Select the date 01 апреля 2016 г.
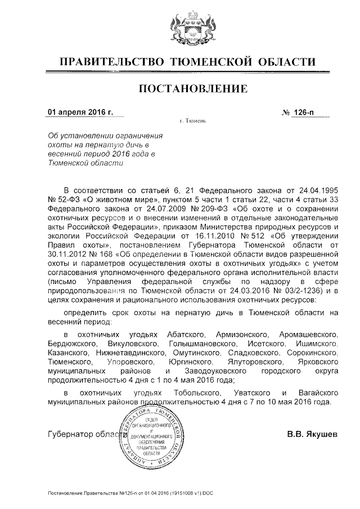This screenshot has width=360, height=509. click(80, 112)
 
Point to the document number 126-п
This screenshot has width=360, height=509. click(304, 112)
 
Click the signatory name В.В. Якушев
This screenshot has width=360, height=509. click(312, 434)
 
